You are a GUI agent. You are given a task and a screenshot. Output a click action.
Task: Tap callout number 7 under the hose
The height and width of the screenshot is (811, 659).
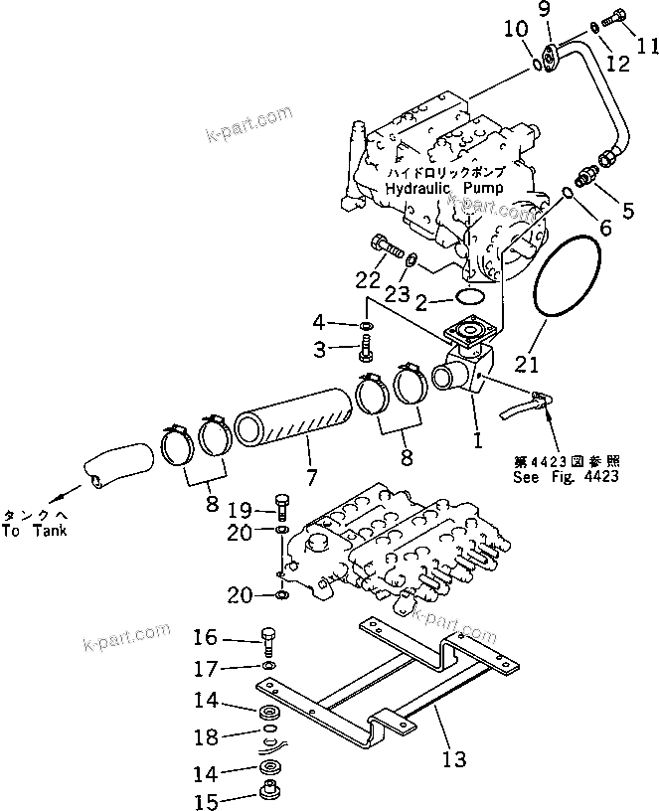coord(311,477)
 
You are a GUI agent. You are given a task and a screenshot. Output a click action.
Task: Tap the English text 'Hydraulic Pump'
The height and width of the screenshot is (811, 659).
coord(443,188)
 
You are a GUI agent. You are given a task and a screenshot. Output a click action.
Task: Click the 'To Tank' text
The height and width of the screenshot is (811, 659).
coord(33,531)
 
